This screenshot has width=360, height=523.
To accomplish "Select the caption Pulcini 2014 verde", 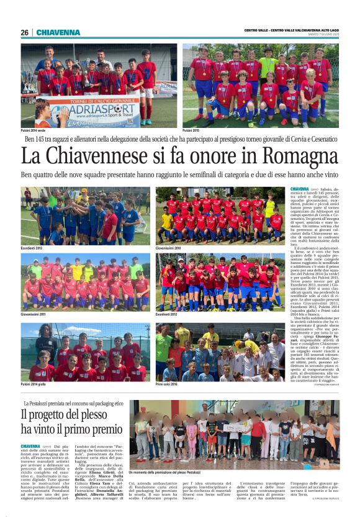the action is click(36, 130).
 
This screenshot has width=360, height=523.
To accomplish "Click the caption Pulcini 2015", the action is click(192, 130).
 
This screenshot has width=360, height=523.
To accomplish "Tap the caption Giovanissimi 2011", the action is click(35, 314).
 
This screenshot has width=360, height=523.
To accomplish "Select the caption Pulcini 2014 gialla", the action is click(37, 385).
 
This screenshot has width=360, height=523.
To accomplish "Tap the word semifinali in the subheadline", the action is click(227, 175).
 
